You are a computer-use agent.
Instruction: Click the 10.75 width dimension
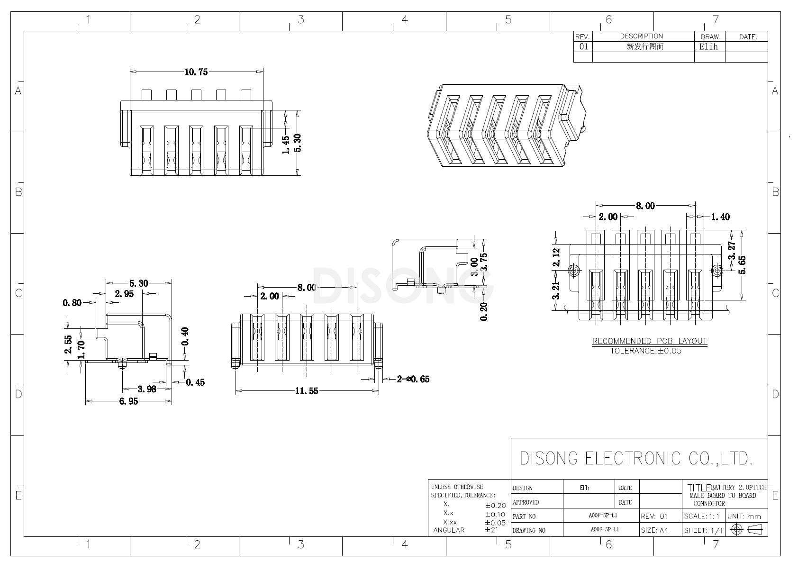196,72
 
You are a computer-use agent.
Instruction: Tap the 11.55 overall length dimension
307,391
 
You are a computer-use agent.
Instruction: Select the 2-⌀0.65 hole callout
413,379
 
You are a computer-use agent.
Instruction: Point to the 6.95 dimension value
128,401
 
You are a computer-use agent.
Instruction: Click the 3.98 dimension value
147,389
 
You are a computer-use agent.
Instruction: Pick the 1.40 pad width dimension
720,217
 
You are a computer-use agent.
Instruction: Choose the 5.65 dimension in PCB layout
742,265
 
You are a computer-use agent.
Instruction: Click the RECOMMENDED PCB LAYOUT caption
649,341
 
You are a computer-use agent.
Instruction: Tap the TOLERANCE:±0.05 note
645,351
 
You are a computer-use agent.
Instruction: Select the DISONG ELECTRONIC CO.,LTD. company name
636,458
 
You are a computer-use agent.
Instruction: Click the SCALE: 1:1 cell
702,516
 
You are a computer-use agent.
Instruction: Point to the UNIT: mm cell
744,516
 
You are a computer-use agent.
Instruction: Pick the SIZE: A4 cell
654,530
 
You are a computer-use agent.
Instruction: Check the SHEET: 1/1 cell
703,530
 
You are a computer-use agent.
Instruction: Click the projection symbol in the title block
748,529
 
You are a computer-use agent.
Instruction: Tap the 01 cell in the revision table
583,46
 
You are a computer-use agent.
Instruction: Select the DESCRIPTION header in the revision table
642,36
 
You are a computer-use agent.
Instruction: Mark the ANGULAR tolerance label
449,530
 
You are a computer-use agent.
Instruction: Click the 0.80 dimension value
72,303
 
